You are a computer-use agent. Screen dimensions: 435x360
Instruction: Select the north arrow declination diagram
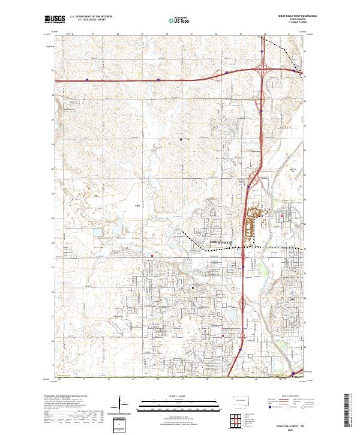[x=122, y=404]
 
